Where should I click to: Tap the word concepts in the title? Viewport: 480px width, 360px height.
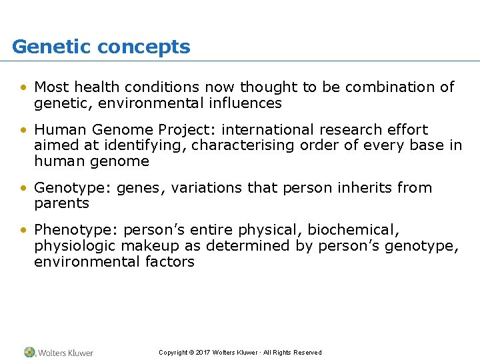[143, 47]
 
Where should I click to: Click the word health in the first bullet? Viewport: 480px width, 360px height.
[99, 87]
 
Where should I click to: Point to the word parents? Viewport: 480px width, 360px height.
[61, 204]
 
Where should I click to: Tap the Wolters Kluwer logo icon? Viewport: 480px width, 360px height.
[29, 352]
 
